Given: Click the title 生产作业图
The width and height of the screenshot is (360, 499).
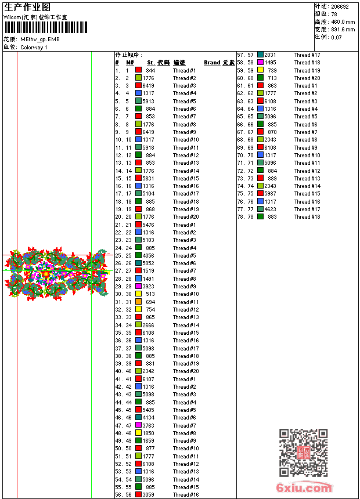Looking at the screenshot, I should tap(27, 7).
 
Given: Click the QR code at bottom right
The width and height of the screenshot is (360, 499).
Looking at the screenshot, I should tap(303, 453).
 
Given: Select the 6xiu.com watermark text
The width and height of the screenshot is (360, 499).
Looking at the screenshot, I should tap(304, 488).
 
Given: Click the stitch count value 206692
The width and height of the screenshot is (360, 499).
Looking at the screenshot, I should tap(340, 7).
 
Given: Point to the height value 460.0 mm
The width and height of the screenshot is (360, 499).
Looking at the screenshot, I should tap(343, 22).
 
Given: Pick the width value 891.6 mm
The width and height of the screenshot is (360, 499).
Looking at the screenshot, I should tap(343, 30).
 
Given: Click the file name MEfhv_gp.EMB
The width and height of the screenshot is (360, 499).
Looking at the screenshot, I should tap(39, 39).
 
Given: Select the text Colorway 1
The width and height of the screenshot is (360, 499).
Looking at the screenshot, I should tap(34, 47).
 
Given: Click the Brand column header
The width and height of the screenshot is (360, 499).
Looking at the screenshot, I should tap(212, 63).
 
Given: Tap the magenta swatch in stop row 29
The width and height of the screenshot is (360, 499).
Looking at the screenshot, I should tap(139, 287).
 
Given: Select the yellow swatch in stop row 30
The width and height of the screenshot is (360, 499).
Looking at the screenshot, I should tap(139, 294).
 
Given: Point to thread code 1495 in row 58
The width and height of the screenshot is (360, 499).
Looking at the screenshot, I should tap(271, 63).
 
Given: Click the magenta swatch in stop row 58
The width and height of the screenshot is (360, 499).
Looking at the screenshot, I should tap(261, 63).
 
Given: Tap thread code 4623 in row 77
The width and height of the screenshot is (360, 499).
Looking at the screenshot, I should tap(271, 209).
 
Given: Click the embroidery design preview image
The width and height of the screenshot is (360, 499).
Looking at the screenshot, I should tap(57, 273).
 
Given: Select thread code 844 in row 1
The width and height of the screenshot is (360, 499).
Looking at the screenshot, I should tap(150, 70).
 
